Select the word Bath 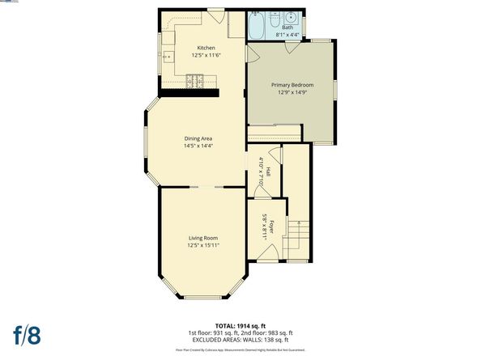pos(287,28)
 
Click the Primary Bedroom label pos(292,85)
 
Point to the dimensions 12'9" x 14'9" pos(292,92)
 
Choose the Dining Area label pos(198,138)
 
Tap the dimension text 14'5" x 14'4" pos(198,146)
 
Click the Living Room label pos(203,237)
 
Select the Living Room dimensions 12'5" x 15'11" pos(203,244)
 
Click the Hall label pos(268,172)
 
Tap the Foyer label pos(273,226)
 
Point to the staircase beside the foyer pos(300,235)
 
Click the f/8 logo pos(29,333)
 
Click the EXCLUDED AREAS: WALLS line pos(240,338)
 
